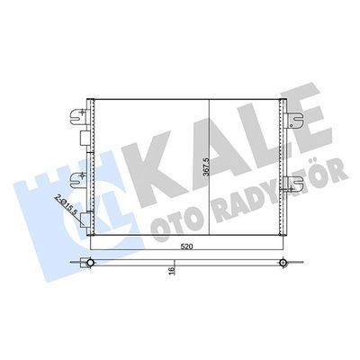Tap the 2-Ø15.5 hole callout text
(x=65, y=193)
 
